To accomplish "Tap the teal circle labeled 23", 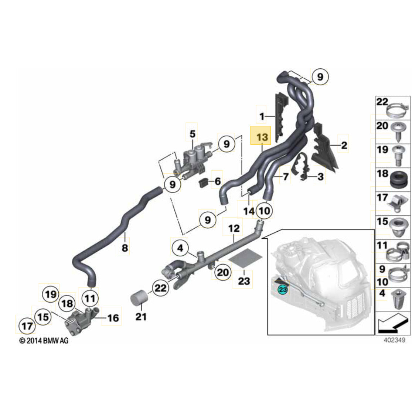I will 283,290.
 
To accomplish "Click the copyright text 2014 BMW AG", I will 44,341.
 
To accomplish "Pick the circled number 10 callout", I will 264,211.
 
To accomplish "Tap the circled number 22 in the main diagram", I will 160,287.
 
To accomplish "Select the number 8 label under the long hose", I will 125,248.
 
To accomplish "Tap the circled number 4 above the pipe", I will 180,248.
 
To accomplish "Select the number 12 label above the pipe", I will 234,229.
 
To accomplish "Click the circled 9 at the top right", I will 320,77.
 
